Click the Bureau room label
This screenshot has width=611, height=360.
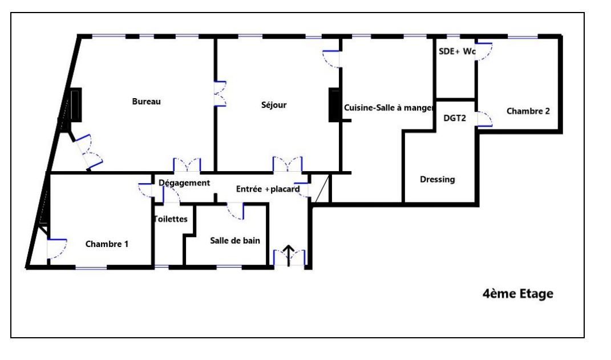coord(146,102)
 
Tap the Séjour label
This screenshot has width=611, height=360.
coord(273,105)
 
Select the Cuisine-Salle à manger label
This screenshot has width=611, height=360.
coord(388,108)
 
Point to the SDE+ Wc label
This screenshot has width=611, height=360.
coord(457,51)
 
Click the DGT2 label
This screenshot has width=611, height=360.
coord(454,118)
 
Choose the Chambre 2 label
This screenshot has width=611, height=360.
coord(528,111)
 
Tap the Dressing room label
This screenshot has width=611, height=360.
coord(437,180)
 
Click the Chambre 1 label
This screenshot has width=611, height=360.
coord(107,244)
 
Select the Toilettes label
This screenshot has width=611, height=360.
coord(171,219)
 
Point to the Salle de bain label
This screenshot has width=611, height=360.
coord(235,241)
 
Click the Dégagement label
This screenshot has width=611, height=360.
coord(184,183)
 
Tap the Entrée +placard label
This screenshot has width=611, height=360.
coord(268,189)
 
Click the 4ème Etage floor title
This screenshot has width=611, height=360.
coord(518,293)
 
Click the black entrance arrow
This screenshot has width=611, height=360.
coord(288,256)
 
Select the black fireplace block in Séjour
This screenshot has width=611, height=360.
coord(334,105)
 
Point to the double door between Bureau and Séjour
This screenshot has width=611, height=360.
coord(220,94)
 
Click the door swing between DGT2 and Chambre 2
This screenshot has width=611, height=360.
coord(485,119)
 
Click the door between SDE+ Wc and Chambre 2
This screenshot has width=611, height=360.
coord(484,51)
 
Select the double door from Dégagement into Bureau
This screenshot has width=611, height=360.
coord(187,165)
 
